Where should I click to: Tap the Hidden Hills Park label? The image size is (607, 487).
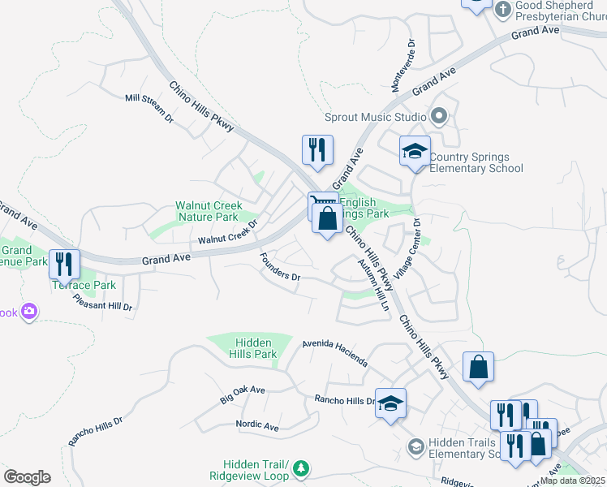pyautogui.click(x=254, y=349)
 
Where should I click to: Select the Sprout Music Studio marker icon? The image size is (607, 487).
pyautogui.click(x=439, y=117)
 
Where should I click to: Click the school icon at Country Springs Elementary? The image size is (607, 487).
pyautogui.click(x=415, y=150)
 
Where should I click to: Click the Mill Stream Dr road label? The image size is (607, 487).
pyautogui.click(x=149, y=108)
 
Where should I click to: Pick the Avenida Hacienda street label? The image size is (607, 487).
pyautogui.click(x=334, y=352)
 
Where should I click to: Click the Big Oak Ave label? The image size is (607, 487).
pyautogui.click(x=243, y=395)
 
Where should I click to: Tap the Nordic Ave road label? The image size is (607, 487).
pyautogui.click(x=256, y=425)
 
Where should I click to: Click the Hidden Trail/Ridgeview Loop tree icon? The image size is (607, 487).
pyautogui.click(x=301, y=468)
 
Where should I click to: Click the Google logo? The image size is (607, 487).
pyautogui.click(x=27, y=477)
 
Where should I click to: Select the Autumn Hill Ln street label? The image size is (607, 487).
pyautogui.click(x=373, y=285)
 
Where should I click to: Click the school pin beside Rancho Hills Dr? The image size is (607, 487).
pyautogui.click(x=390, y=403)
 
